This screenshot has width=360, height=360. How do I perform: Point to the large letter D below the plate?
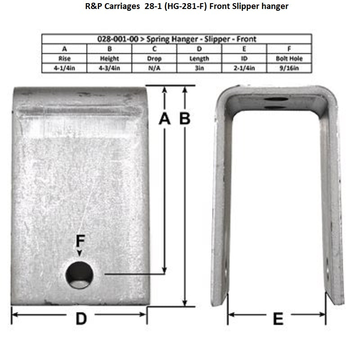81,319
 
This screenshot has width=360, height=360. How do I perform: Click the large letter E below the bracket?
278,319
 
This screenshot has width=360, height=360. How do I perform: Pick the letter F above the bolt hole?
80,242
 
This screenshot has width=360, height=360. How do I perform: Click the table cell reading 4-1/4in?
64,68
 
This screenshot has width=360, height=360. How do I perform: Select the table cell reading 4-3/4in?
109,68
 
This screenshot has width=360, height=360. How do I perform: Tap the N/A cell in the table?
154,68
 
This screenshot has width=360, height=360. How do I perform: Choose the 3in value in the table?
199,68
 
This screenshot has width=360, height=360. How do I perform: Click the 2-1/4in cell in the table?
244,68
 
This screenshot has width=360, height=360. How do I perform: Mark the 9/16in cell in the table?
289,68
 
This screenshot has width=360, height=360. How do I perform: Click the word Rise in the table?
64,58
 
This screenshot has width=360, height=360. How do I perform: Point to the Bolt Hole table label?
289,58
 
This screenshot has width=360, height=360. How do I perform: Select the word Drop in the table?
154,58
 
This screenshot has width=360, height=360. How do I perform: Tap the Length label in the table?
199,58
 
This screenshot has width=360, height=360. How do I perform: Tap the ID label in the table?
244,58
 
